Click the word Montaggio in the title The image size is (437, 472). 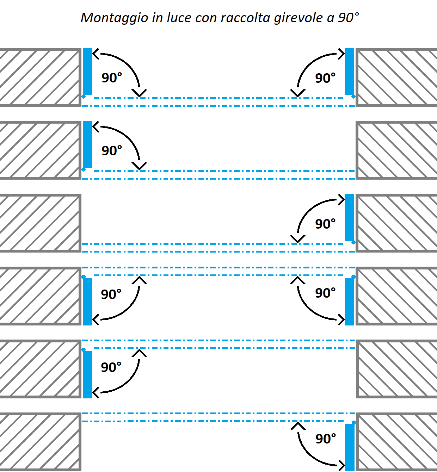(x=115, y=18)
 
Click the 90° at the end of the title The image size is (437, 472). (x=348, y=18)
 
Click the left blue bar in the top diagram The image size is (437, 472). (x=87, y=72)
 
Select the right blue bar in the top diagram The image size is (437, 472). (x=349, y=72)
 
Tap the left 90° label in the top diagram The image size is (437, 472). (x=112, y=78)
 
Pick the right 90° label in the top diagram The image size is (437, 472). (x=325, y=78)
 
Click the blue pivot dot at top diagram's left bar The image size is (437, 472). (x=84, y=97)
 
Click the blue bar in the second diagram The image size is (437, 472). (x=87, y=144)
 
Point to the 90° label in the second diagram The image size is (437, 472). (x=112, y=151)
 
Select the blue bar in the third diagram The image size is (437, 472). (x=349, y=217)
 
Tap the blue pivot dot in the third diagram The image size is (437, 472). (x=353, y=242)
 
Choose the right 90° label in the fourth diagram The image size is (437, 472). (x=325, y=293)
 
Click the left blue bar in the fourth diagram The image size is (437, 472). (x=87, y=302)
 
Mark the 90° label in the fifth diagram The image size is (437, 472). (x=111, y=367)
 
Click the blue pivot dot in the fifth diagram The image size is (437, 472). (x=84, y=350)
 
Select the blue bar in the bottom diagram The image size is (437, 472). (x=350, y=448)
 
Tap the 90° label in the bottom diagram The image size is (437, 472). (x=325, y=439)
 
